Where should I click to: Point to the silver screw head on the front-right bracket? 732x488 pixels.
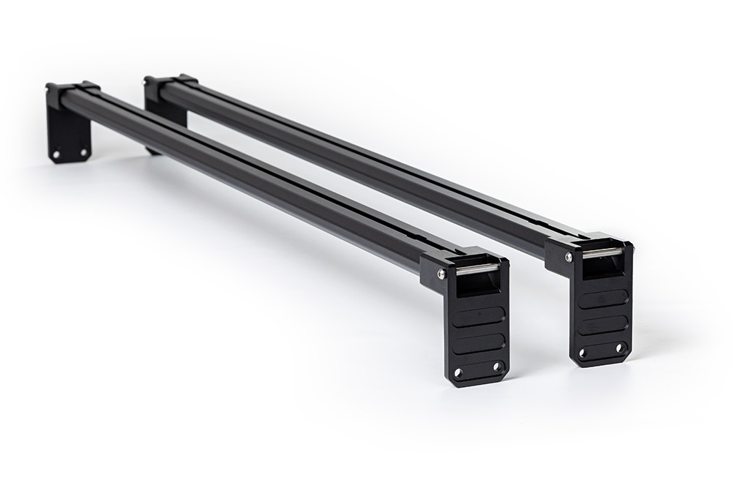click(568, 257)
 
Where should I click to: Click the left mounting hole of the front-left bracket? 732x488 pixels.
click(459, 373)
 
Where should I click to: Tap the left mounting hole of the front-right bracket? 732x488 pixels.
click(583, 355)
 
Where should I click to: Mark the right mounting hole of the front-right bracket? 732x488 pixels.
click(620, 348)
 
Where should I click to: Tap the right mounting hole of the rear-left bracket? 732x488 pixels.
click(83, 153)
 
